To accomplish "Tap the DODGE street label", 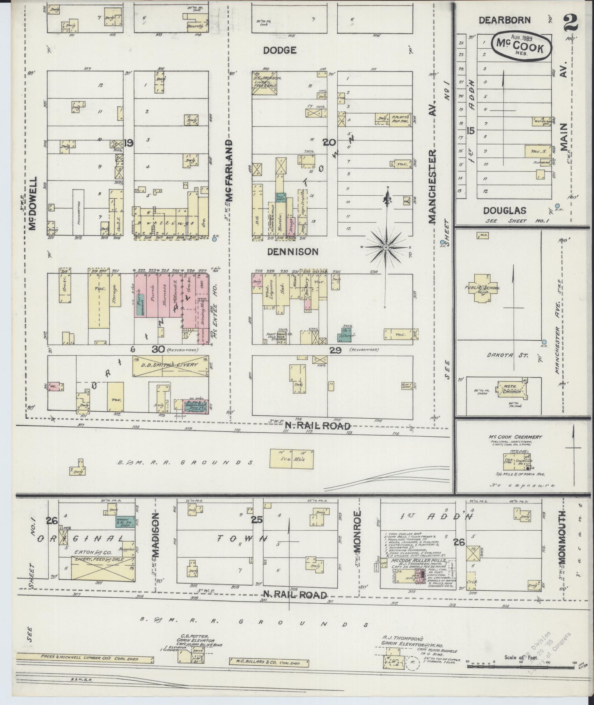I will point(280,50).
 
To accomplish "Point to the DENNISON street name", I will point(292,251).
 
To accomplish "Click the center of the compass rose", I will point(386,247).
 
